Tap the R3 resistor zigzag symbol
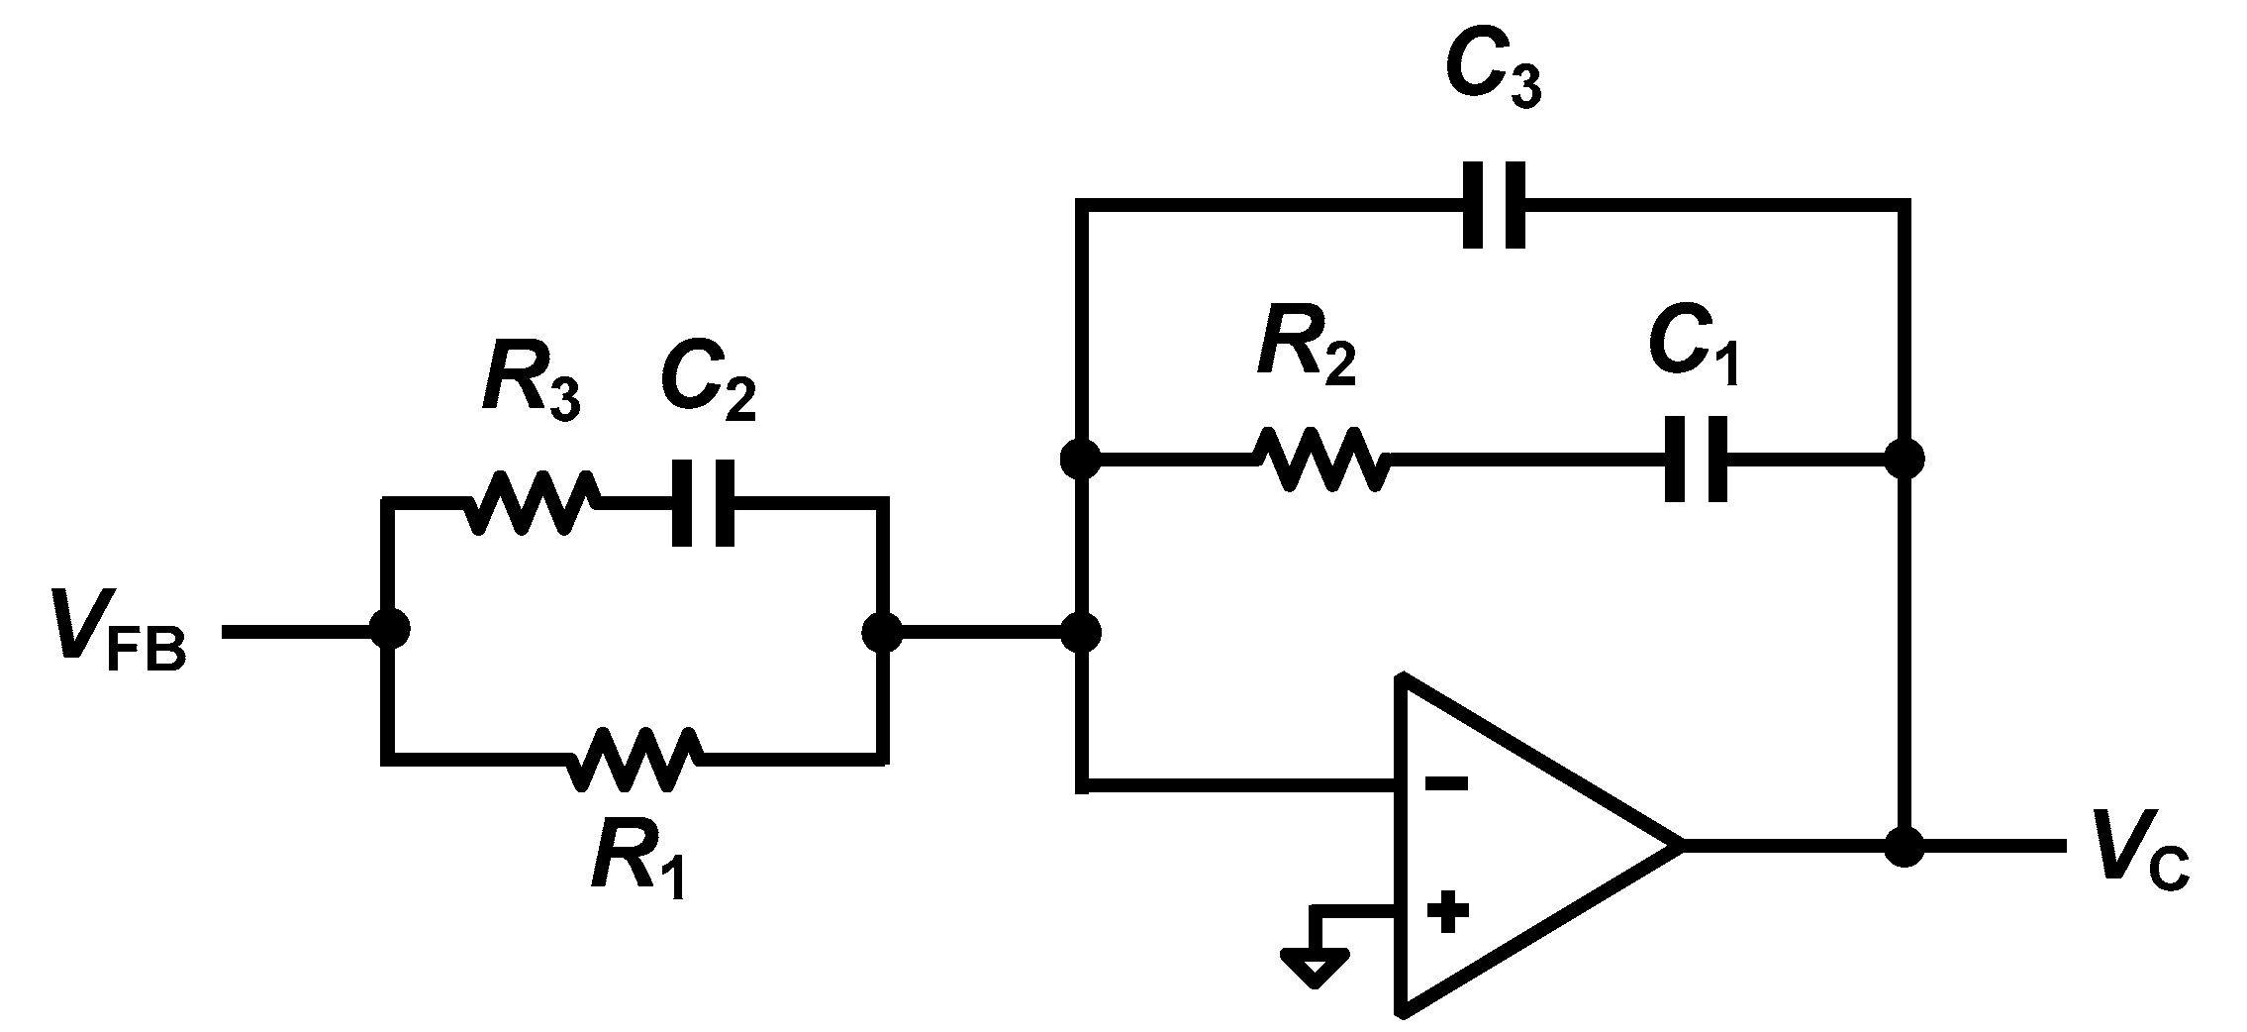click(531, 503)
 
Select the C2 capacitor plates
click(703, 503)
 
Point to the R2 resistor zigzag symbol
click(1320, 459)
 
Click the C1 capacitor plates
click(1696, 459)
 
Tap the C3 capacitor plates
click(1494, 205)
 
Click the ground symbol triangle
click(1314, 967)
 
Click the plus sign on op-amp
click(1447, 912)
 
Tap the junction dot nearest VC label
click(1904, 847)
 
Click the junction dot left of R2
click(1080, 459)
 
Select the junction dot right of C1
click(1904, 459)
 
